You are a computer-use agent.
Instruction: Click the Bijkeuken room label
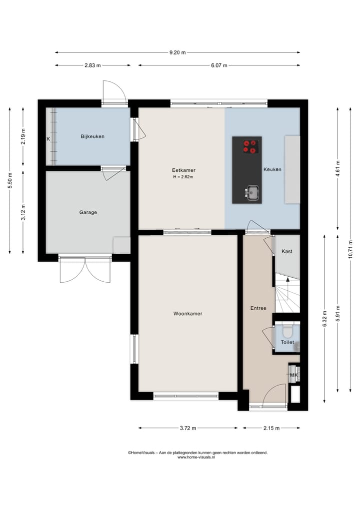tap(92, 136)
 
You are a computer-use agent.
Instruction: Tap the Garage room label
tap(88, 212)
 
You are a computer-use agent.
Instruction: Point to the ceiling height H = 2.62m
tap(183, 177)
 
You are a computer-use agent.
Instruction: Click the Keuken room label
tap(272, 169)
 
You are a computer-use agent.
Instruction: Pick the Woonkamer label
tap(187, 314)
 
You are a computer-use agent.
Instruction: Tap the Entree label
tap(258, 308)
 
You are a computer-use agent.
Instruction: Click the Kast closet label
tap(287, 251)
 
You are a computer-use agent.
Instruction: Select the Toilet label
tap(287, 342)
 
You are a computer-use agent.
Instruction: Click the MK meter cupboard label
tap(293, 375)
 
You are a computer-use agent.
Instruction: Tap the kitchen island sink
tap(252, 191)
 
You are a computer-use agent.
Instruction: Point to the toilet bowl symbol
tap(287, 332)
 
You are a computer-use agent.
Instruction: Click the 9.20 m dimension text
tap(177, 52)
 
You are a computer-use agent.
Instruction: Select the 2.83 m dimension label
tap(92, 65)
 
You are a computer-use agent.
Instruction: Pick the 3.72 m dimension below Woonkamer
tap(188, 428)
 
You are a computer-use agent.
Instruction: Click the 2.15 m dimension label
tap(271, 428)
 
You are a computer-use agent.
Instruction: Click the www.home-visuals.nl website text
tap(197, 457)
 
